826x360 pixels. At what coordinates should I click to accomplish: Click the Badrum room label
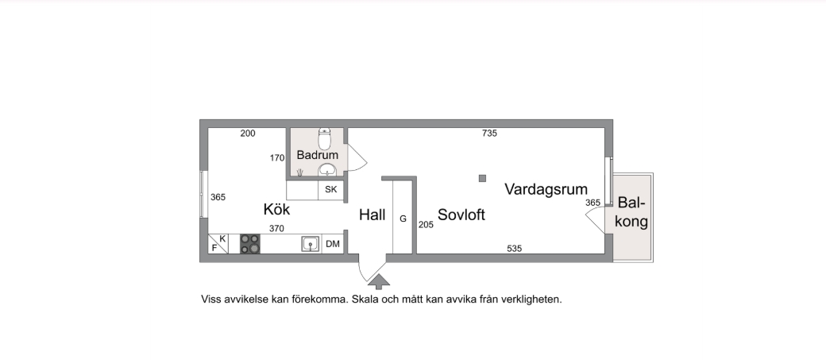318,155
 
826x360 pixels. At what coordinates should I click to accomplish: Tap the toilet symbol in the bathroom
324,134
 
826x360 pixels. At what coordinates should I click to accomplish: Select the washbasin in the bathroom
326,169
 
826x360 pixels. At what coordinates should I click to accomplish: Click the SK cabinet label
331,190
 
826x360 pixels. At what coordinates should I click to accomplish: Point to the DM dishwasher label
333,244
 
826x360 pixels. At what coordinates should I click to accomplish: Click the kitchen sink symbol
310,244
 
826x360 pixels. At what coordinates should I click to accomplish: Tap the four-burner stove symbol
250,244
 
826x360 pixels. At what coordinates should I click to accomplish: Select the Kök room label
276,210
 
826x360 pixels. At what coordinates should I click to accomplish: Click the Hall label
372,215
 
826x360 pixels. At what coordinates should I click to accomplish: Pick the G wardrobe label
403,218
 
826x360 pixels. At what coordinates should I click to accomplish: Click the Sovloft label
461,215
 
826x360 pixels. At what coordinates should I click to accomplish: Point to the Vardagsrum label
546,189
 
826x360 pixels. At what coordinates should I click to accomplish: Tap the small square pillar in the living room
481,178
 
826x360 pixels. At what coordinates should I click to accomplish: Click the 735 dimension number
489,134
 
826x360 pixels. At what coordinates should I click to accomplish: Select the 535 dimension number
515,249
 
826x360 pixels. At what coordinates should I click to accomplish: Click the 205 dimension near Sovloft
426,225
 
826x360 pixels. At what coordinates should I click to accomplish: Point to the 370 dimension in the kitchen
276,228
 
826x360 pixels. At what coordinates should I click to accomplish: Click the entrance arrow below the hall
379,280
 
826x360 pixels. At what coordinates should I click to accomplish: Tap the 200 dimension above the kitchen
248,134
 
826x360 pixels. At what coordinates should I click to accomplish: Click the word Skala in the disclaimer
365,300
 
